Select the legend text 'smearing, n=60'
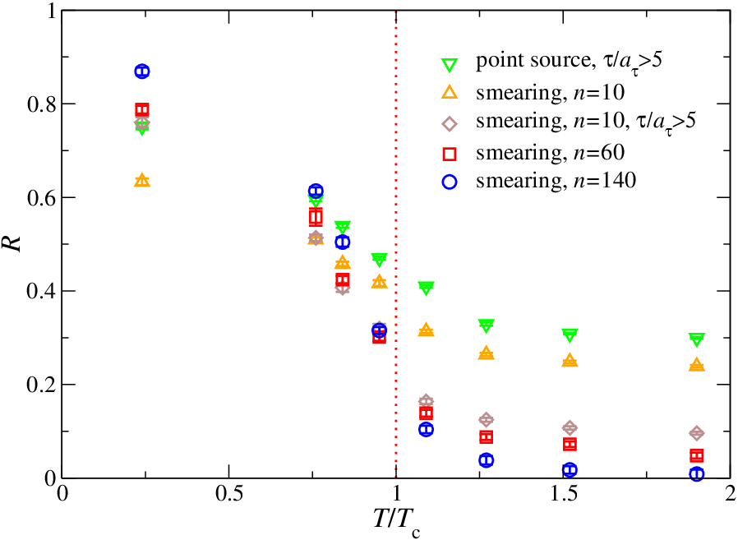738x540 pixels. [x=550, y=153]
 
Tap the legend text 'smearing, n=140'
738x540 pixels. [x=556, y=181]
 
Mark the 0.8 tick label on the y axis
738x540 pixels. [x=41, y=104]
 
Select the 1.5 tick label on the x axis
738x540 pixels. [x=564, y=494]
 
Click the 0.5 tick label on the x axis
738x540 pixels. [x=229, y=494]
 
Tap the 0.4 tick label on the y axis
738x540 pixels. [x=41, y=292]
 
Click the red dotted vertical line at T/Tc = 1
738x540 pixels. [x=396, y=244]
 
